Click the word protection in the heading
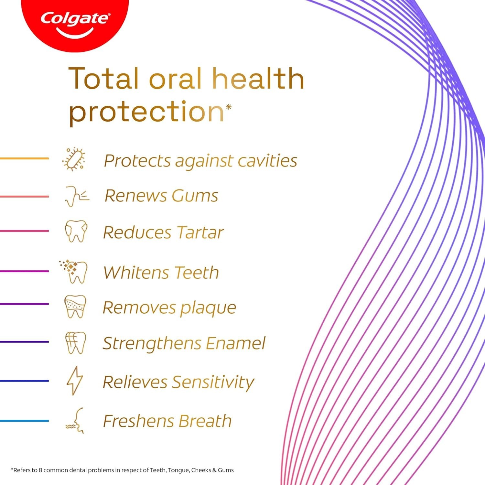tap(146, 112)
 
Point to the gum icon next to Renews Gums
tap(76, 196)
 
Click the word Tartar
tap(200, 232)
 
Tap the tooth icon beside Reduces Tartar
tap(76, 231)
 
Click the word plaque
tap(208, 308)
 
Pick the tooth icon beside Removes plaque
tap(75, 306)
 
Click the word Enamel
tap(235, 343)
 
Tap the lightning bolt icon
tap(75, 381)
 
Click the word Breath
tap(205, 421)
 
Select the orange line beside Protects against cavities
tap(24, 158)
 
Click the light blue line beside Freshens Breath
tap(24, 421)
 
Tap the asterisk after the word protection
tap(229, 107)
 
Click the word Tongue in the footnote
tap(178, 470)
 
